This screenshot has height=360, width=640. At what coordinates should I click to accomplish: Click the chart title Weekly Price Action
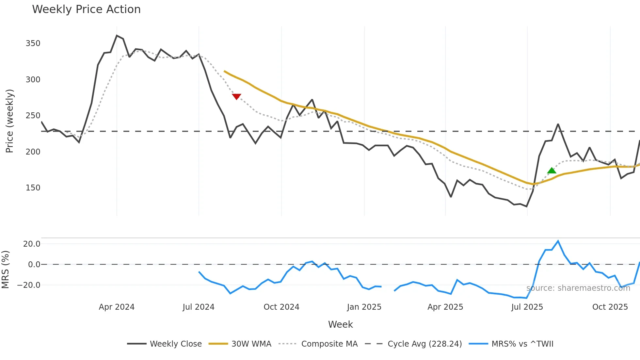click(86, 9)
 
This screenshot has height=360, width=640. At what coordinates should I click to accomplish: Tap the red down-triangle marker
click(236, 96)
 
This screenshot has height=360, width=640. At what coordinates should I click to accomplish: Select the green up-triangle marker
click(552, 171)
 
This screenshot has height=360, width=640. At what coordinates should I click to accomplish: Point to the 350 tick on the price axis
click(33, 43)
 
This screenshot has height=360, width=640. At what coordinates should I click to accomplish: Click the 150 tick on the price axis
click(33, 188)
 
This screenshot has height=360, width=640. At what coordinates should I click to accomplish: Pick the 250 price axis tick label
click(33, 116)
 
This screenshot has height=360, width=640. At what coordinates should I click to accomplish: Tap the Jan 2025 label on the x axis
click(364, 307)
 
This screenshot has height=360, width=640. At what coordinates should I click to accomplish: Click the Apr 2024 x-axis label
click(117, 307)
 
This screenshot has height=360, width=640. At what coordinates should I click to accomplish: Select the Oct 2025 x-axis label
click(610, 307)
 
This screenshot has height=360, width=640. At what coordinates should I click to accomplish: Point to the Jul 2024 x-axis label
click(199, 307)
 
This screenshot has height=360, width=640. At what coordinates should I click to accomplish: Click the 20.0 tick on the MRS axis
click(32, 244)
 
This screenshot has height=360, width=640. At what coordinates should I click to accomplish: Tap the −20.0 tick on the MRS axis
click(29, 285)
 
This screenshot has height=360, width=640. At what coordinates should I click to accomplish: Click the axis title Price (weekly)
click(10, 121)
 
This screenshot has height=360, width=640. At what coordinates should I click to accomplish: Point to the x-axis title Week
click(340, 324)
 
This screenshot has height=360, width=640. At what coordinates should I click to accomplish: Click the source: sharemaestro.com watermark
click(578, 288)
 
